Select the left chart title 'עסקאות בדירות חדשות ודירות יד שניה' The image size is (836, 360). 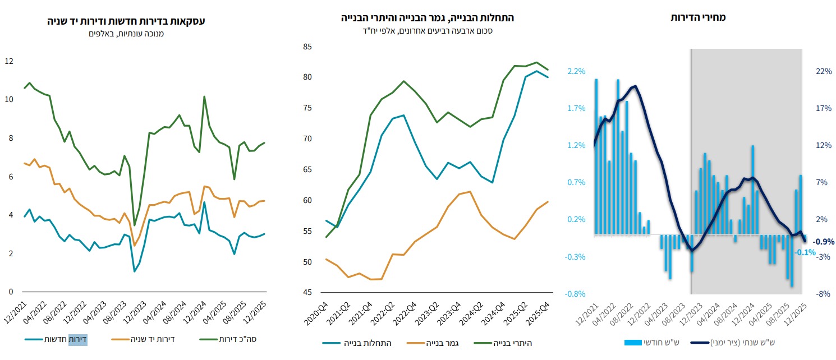pyautogui.click(x=125, y=21)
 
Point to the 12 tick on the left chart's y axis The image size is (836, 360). pyautogui.click(x=9, y=61)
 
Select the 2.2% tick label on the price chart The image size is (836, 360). pyautogui.click(x=577, y=71)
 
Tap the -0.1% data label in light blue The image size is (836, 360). pyautogui.click(x=805, y=252)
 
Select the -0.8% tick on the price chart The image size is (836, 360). pyautogui.click(x=577, y=294)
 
